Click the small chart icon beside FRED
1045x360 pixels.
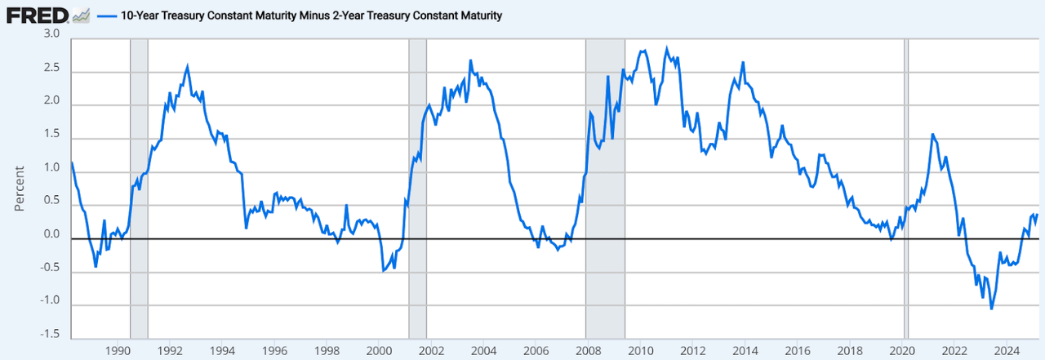click(81, 15)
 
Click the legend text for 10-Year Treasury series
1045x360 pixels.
click(310, 16)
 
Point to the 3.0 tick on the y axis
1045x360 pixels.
click(52, 33)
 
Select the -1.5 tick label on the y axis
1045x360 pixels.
click(50, 335)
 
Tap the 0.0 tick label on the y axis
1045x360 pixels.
click(52, 235)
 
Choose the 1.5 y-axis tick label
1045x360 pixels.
click(52, 135)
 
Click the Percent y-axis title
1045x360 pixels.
click(20, 187)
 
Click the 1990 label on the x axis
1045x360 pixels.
click(118, 350)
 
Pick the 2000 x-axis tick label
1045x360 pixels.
click(379, 350)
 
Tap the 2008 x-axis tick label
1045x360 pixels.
click(588, 350)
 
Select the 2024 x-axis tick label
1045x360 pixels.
click(1006, 350)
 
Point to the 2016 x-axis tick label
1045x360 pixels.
click(797, 350)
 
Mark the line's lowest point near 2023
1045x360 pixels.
click(991, 309)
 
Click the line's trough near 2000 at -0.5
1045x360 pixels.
click(384, 270)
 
